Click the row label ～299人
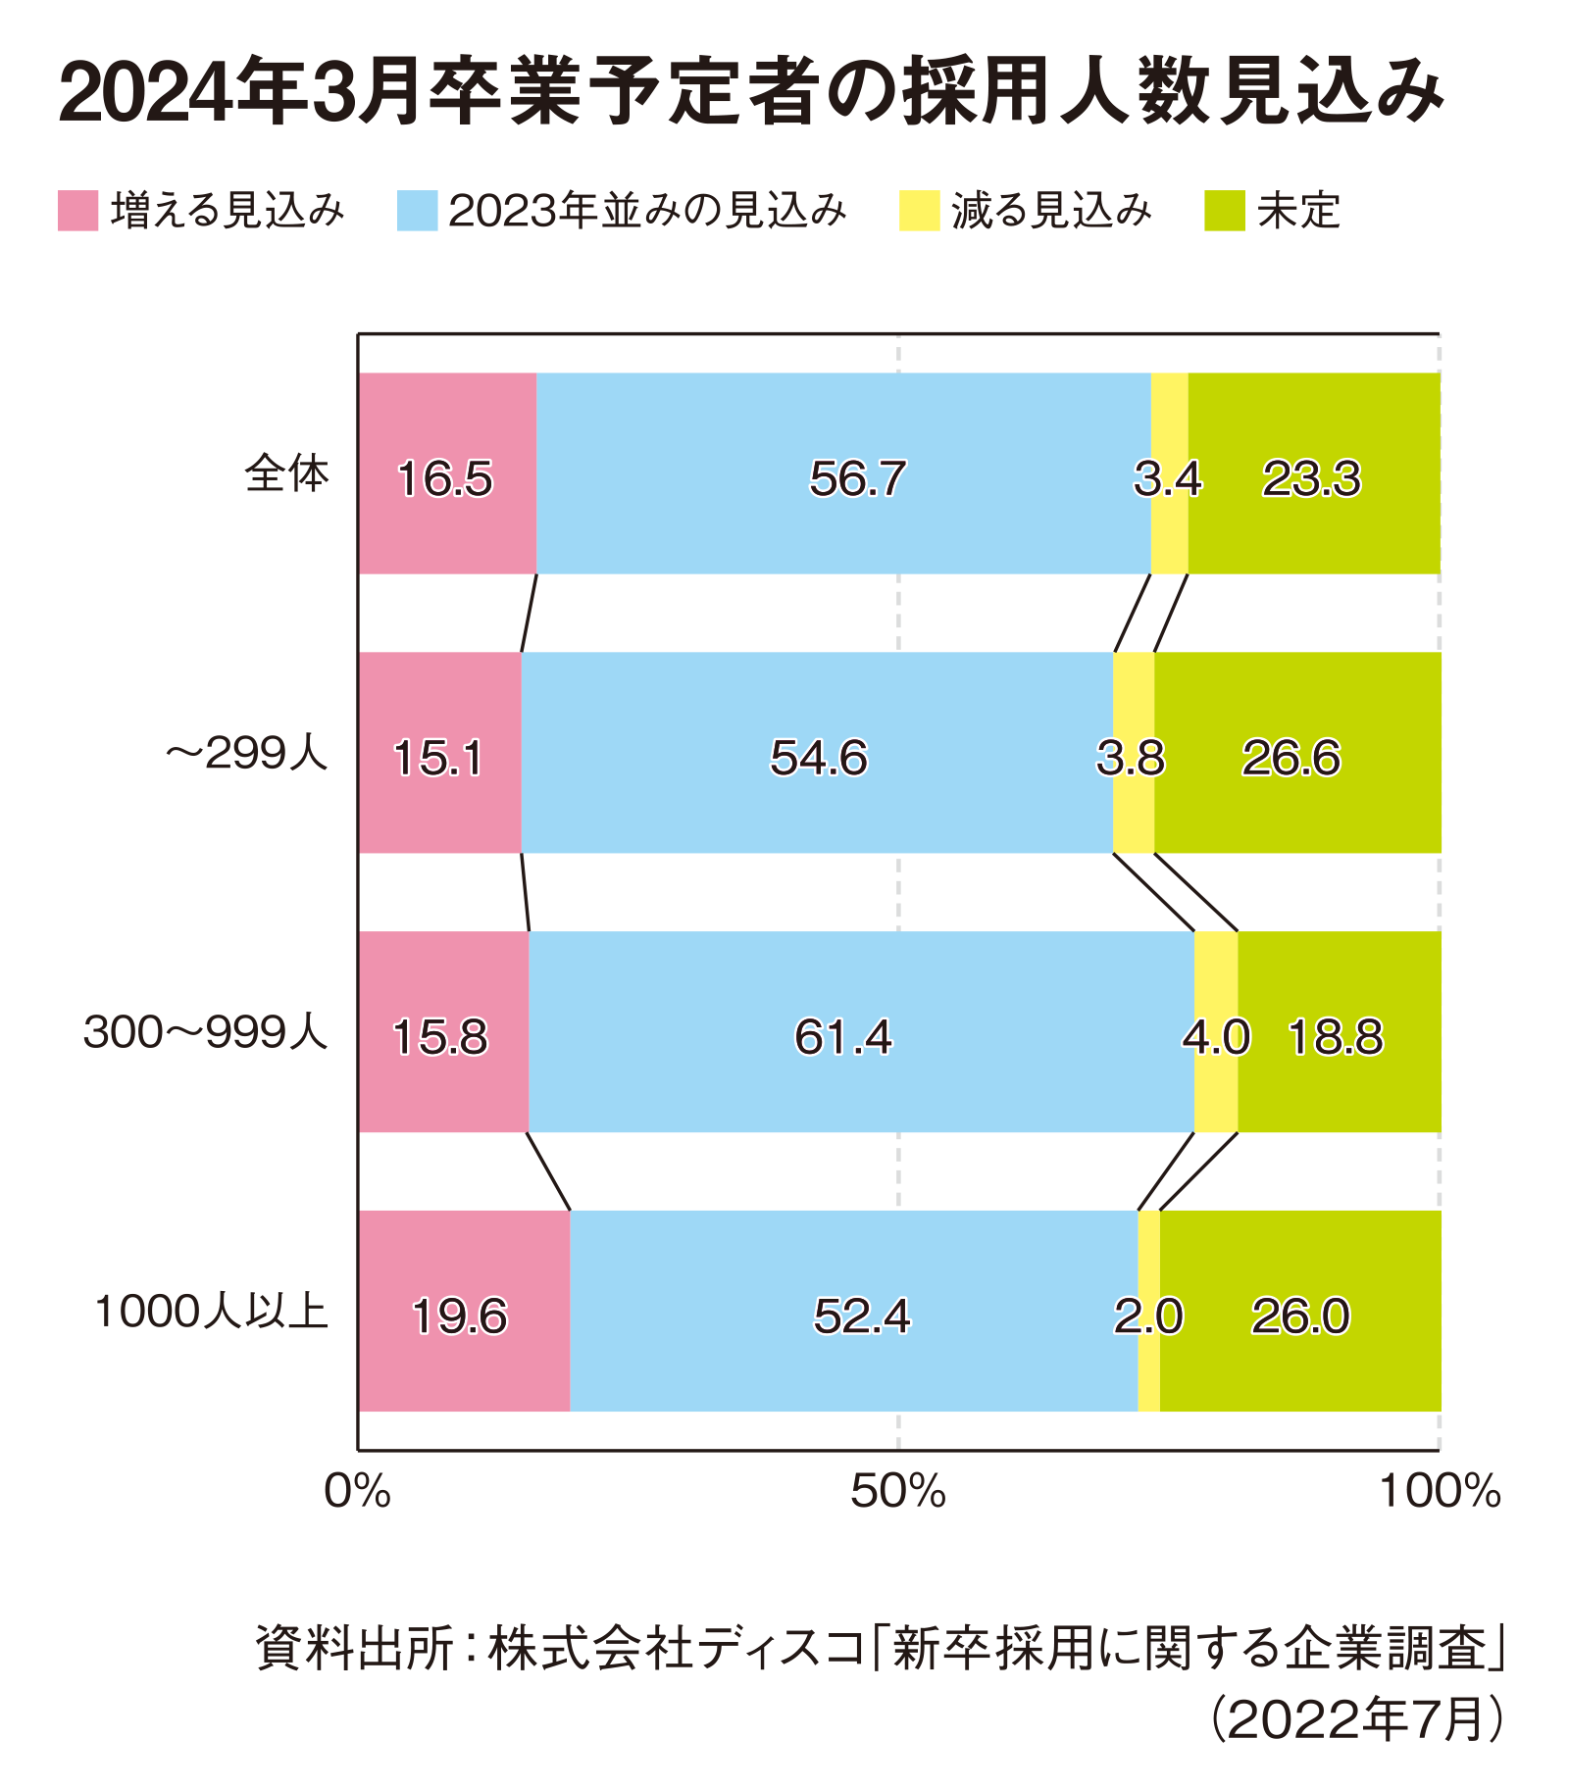tap(246, 754)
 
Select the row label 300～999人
tap(205, 1033)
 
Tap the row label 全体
tap(286, 474)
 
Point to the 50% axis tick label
tap(897, 1492)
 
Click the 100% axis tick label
tap(1439, 1492)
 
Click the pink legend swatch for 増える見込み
tap(78, 210)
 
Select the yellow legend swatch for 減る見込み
tap(920, 210)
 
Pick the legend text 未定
tap(1298, 211)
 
